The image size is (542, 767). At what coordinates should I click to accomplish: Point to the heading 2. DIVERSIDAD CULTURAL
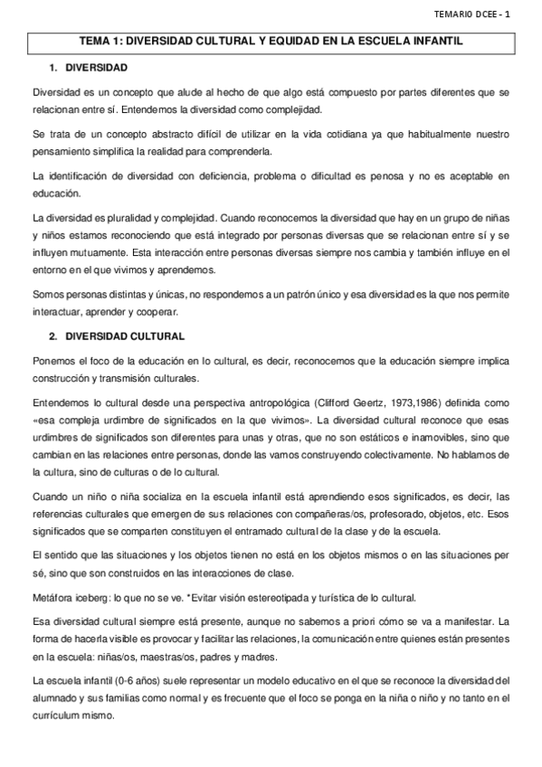coord(117,336)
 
